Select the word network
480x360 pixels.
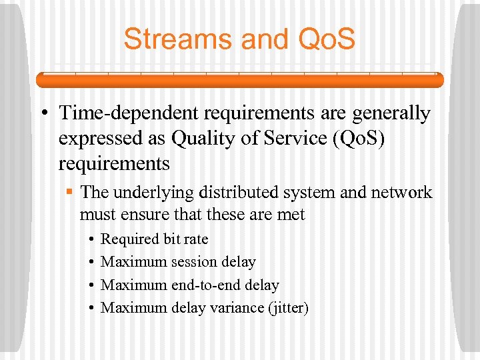click(399, 193)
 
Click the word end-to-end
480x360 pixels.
click(206, 285)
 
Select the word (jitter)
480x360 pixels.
click(287, 308)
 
